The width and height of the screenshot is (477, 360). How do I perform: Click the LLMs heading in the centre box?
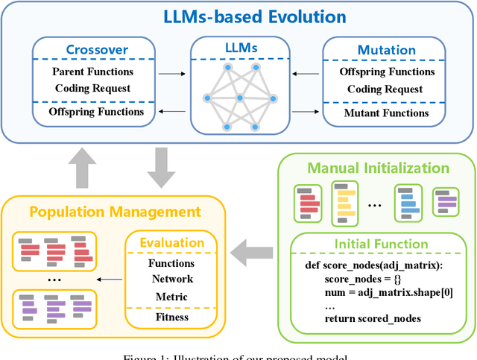point(239,48)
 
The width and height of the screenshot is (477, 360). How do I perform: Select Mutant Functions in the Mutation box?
point(386,113)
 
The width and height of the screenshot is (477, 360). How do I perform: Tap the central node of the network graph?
point(239,98)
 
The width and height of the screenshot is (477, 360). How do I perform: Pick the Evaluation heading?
point(172,242)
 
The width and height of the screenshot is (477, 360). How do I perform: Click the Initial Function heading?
point(381,244)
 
